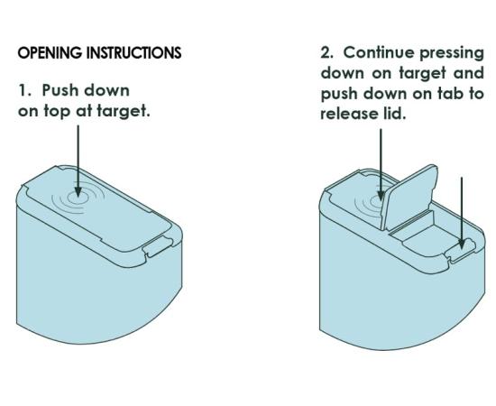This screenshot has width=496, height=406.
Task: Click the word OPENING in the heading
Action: pyautogui.click(x=50, y=53)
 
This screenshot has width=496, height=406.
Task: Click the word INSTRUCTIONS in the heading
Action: pyautogui.click(x=133, y=53)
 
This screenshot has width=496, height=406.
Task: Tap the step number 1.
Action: pyautogui.click(x=24, y=90)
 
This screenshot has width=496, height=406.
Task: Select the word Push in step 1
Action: pyautogui.click(x=60, y=90)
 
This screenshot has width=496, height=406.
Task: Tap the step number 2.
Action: pyautogui.click(x=326, y=52)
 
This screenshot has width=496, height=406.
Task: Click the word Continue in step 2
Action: pyautogui.click(x=379, y=52)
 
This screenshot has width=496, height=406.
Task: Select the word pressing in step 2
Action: pyautogui.click(x=452, y=54)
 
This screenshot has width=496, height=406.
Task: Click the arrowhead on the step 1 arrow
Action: pyautogui.click(x=78, y=192)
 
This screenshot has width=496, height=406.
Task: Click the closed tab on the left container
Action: pyautogui.click(x=158, y=247)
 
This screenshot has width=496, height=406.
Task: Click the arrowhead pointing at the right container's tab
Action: pyautogui.click(x=462, y=245)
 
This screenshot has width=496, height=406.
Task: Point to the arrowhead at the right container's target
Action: pyautogui.click(x=381, y=196)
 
